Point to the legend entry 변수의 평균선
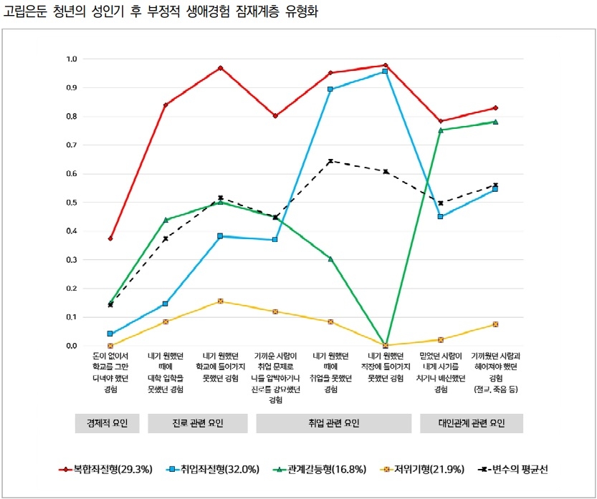coord(515,470)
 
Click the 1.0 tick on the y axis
coord(72,59)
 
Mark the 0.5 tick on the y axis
coord(72,203)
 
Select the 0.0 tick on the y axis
coord(72,346)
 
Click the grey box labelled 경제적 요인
coord(107,423)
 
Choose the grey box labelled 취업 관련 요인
coord(330,423)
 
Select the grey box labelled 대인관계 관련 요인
coord(471,423)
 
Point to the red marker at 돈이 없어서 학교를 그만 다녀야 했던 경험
coord(110,238)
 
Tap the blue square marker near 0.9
coord(330,89)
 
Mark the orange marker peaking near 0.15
coord(221,301)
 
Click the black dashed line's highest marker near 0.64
coord(330,161)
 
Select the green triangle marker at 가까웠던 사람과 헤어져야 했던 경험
coord(495,122)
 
